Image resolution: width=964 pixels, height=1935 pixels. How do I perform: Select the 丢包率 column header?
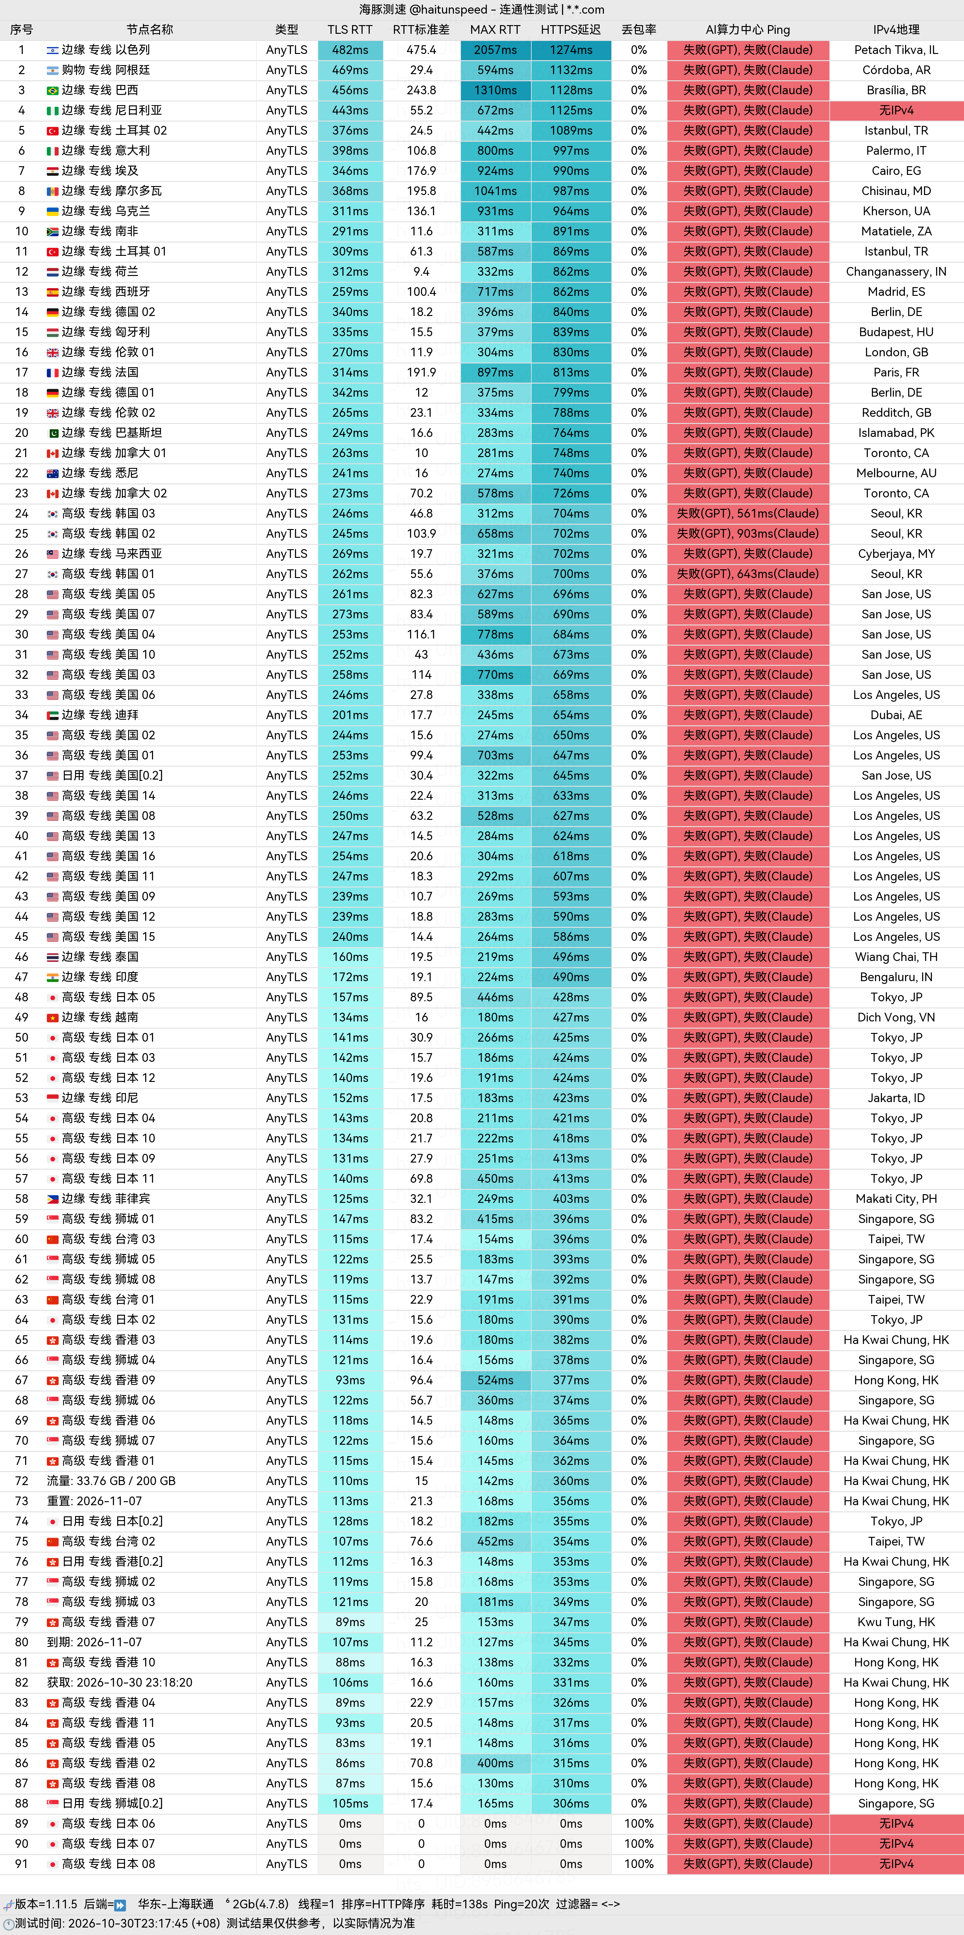click(639, 29)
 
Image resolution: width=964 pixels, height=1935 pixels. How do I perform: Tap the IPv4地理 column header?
click(896, 29)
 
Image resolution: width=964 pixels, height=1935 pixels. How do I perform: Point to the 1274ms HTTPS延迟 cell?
click(571, 50)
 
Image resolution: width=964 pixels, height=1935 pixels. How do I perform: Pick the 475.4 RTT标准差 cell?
click(422, 50)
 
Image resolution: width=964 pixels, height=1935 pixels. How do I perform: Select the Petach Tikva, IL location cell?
click(896, 50)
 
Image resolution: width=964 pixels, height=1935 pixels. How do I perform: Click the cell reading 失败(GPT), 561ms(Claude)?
click(748, 513)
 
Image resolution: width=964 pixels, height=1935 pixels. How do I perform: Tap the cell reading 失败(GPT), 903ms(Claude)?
click(748, 533)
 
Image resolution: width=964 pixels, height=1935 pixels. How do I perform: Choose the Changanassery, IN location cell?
click(896, 271)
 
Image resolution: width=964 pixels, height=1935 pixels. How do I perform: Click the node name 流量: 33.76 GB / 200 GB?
click(111, 1480)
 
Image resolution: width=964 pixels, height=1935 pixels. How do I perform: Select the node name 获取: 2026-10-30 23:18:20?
click(119, 1682)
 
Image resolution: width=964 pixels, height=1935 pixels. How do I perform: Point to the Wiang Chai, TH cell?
click(896, 956)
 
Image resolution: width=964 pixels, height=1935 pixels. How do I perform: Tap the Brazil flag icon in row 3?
click(53, 90)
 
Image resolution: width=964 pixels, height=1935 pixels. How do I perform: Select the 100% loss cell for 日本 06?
click(639, 1823)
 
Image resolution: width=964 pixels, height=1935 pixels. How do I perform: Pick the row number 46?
click(22, 956)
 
